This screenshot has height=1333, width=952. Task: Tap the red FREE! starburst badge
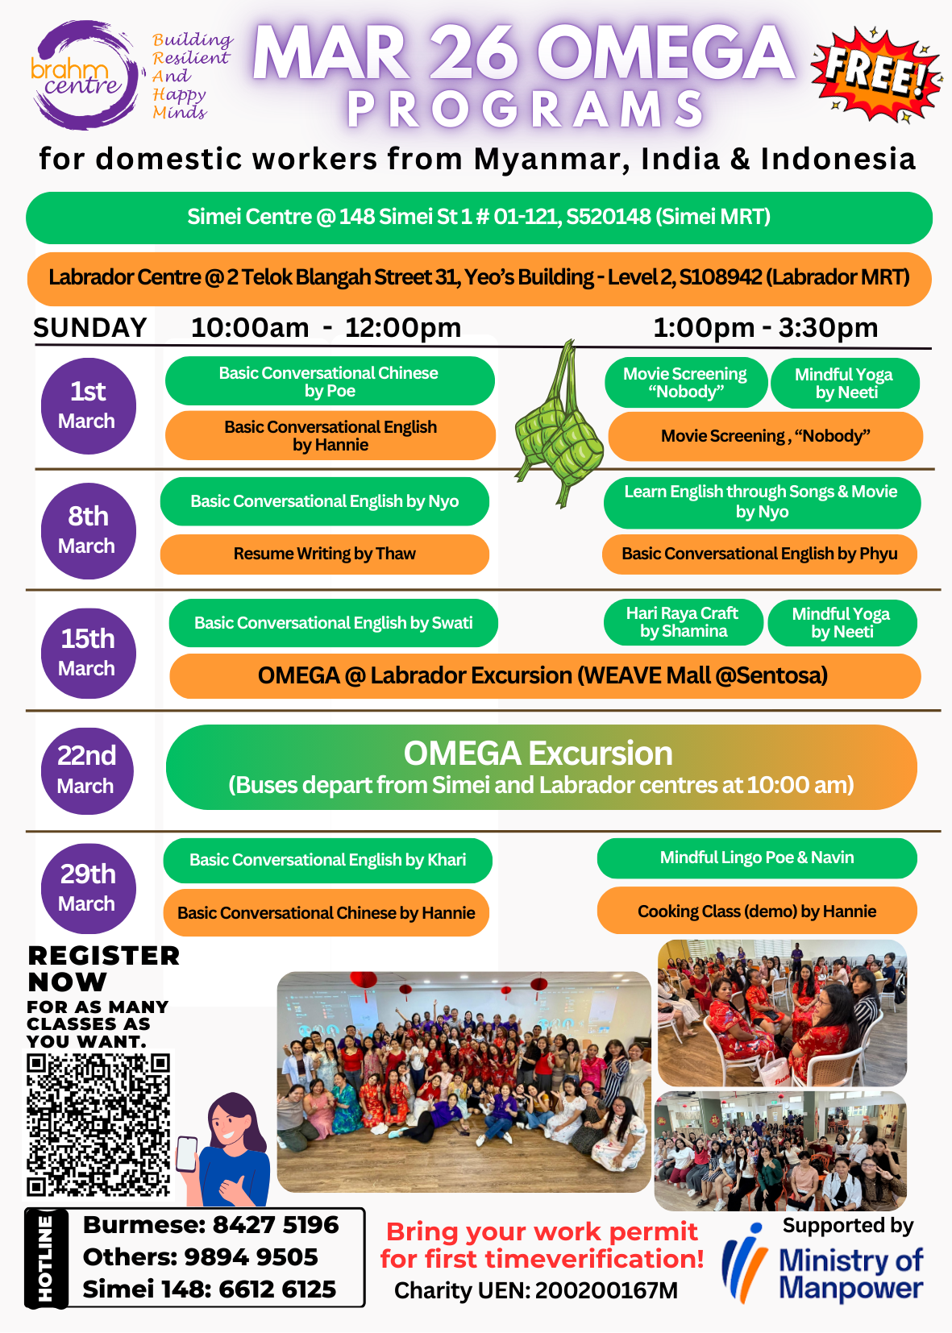875,73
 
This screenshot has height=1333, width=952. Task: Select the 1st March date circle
88,405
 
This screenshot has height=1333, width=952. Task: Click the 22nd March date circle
87,770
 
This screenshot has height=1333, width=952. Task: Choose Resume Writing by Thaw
325,554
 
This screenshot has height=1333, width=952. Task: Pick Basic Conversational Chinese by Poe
330,381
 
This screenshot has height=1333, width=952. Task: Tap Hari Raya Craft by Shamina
683,622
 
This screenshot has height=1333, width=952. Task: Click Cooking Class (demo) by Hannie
757,912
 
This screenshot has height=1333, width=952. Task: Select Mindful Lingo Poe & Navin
757,858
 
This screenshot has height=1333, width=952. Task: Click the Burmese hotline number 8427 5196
275,1225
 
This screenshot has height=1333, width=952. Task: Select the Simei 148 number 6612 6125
276,1289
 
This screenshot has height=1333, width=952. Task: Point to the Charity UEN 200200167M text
535,1291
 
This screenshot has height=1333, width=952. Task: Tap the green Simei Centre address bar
479,218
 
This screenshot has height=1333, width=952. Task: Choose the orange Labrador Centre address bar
479,278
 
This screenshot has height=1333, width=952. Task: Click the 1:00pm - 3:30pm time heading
765,328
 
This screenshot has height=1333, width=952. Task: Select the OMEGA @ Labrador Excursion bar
544,676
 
